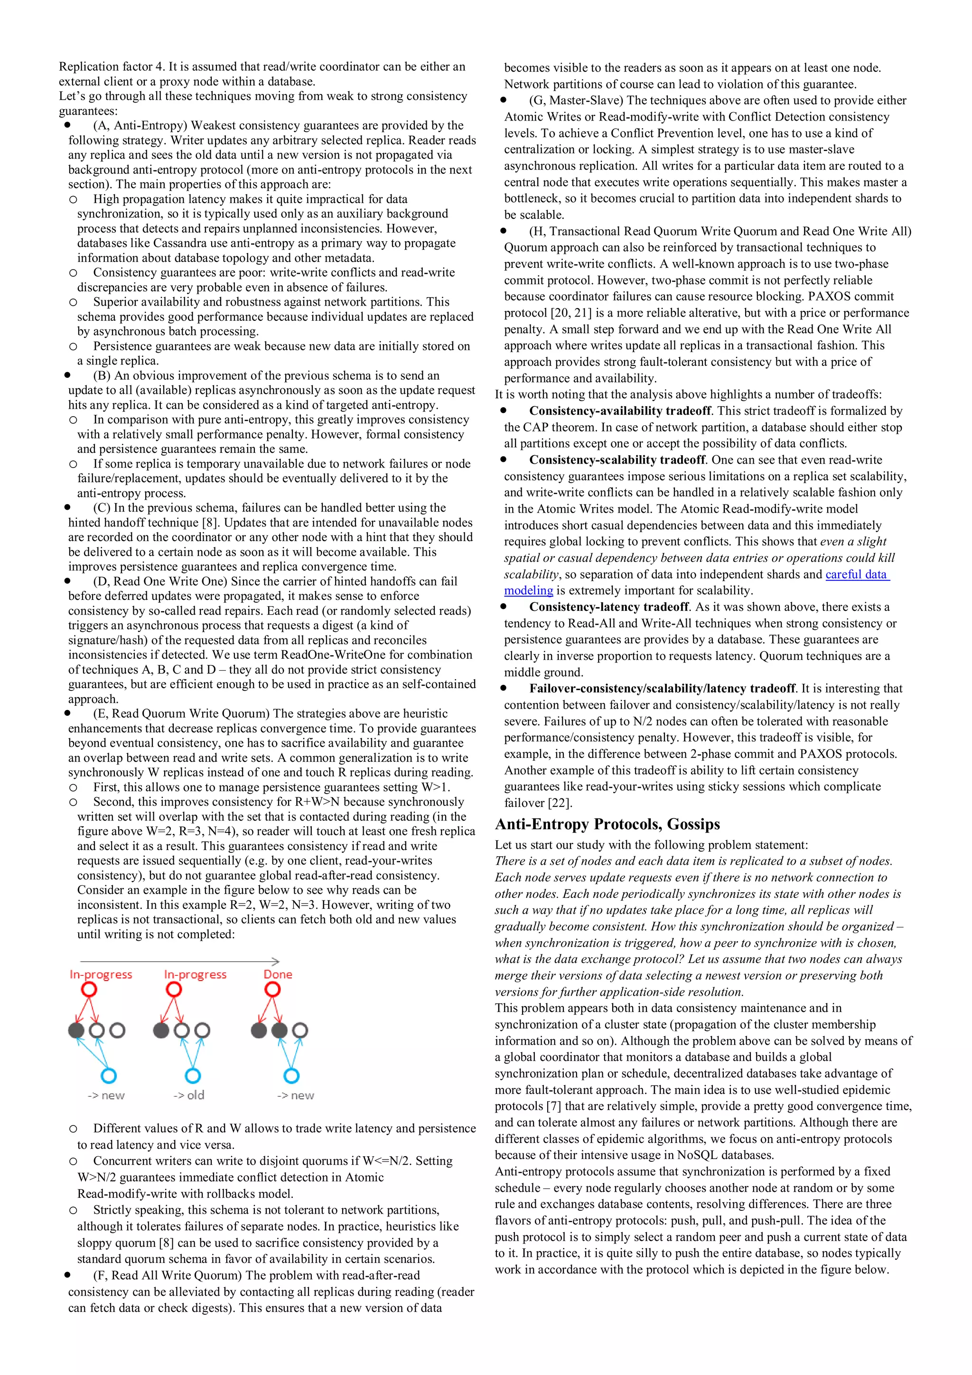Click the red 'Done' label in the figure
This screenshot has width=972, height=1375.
(278, 974)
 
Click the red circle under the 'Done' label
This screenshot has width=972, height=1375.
(272, 990)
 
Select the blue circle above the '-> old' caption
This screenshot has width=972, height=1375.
(192, 1076)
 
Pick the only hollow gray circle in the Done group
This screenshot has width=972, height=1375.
(300, 1030)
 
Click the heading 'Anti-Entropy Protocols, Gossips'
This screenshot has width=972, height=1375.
(607, 824)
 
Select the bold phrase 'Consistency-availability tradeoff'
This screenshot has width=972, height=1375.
(619, 411)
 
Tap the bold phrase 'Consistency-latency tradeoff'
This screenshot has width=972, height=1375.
(608, 607)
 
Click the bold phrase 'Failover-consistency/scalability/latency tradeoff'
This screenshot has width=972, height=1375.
(662, 688)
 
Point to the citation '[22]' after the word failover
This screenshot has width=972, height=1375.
(560, 803)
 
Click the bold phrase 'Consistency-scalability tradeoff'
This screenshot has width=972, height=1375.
(617, 460)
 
